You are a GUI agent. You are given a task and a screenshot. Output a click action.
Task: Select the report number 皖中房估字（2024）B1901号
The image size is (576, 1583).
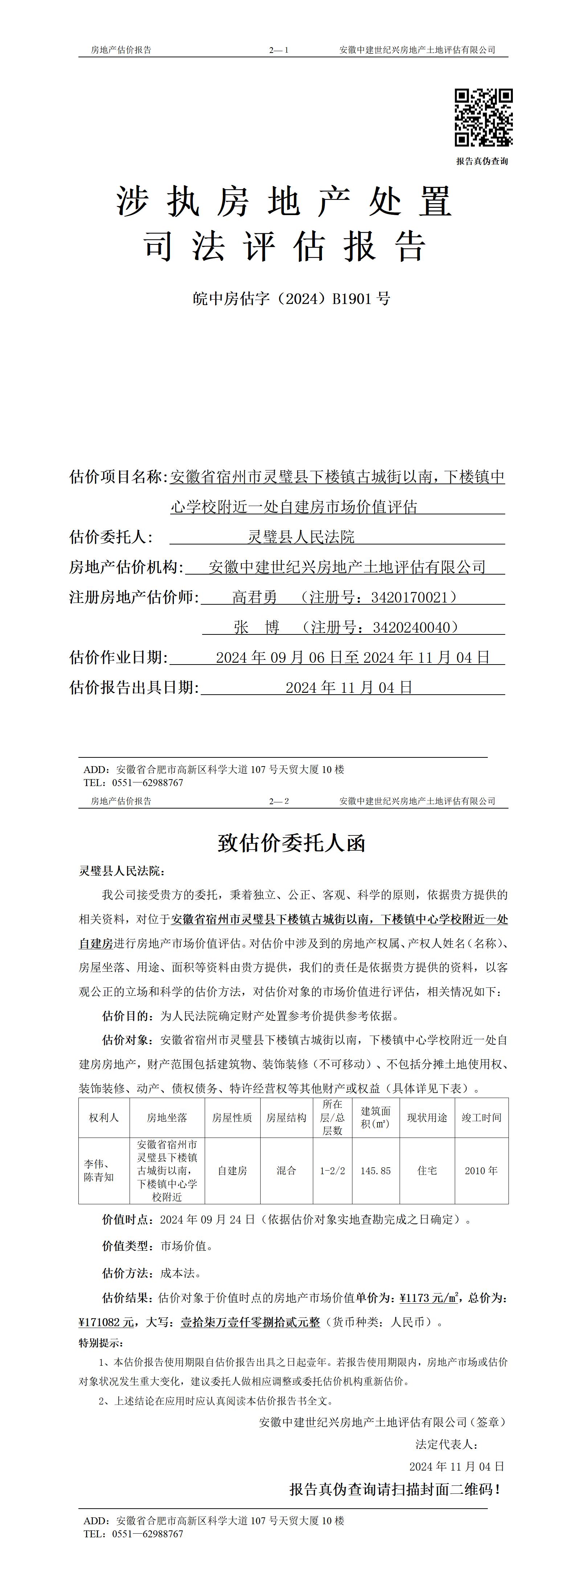coord(291,299)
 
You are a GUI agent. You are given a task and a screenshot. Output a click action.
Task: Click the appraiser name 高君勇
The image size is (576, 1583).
coord(254,597)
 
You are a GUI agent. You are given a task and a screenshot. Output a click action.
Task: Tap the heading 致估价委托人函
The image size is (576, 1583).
coord(291,843)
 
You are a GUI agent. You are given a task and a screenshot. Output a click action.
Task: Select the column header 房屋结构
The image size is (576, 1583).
coord(286,1118)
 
